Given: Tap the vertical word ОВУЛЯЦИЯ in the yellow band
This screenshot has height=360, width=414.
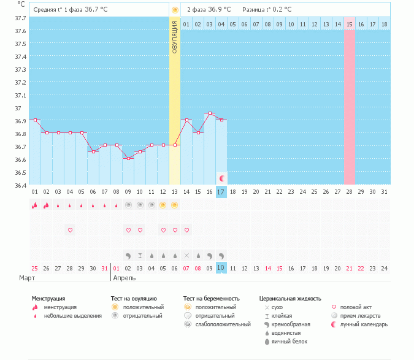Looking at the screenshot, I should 175,37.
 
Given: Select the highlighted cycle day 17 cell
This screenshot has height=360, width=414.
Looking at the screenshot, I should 221,192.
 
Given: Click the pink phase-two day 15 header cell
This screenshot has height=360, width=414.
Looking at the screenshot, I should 350,24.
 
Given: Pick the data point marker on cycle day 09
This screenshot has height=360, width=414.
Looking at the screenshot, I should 128,158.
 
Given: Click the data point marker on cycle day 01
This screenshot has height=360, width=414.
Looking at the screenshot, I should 35,120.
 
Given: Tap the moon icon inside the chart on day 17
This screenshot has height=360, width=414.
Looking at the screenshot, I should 221,178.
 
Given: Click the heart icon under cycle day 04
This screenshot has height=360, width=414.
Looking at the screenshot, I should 70,230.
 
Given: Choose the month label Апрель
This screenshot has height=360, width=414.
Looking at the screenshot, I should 125,278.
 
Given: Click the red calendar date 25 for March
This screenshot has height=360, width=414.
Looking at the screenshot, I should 35,268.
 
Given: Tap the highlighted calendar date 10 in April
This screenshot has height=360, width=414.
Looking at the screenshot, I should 221,268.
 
